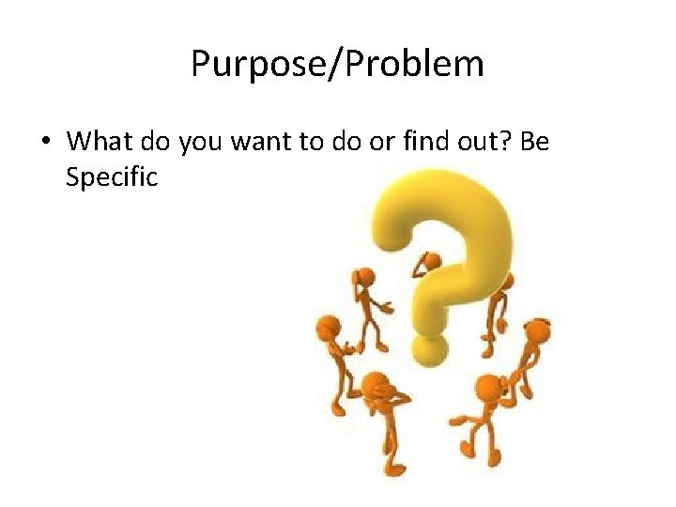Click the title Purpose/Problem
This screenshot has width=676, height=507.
[x=337, y=65]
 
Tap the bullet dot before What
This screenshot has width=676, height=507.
[x=46, y=143]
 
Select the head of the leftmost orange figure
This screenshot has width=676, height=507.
[x=328, y=328]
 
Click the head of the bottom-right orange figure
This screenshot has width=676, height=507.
[x=488, y=387]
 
